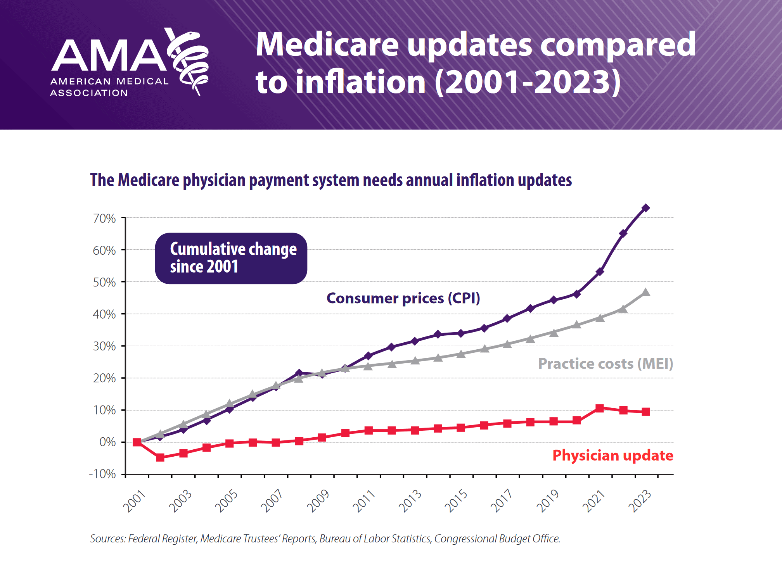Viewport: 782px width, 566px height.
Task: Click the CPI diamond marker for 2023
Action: pyautogui.click(x=646, y=208)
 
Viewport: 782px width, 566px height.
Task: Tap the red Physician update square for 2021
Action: pyautogui.click(x=600, y=408)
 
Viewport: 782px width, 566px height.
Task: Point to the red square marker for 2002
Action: pyautogui.click(x=160, y=457)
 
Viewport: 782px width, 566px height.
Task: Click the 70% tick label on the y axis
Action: pyautogui.click(x=104, y=219)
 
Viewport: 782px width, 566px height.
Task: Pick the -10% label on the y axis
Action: pyautogui.click(x=102, y=474)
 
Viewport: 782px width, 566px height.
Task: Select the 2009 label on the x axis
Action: pyautogui.click(x=318, y=501)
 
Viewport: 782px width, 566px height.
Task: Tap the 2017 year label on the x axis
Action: pyautogui.click(x=502, y=501)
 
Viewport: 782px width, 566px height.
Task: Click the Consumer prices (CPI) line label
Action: pyautogui.click(x=403, y=298)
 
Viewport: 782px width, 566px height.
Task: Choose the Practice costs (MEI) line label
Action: pyautogui.click(x=606, y=364)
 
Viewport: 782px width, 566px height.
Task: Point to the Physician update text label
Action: pyautogui.click(x=613, y=456)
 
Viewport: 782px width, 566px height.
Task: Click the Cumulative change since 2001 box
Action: pyautogui.click(x=231, y=258)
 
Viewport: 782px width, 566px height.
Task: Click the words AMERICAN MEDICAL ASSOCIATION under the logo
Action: pyautogui.click(x=109, y=87)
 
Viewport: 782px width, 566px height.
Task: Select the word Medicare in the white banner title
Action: pyautogui.click(x=327, y=45)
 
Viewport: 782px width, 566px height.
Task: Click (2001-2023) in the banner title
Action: pyautogui.click(x=528, y=83)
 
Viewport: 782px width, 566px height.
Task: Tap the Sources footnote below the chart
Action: pyautogui.click(x=325, y=539)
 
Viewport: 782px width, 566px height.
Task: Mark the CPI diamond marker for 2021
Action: pyautogui.click(x=600, y=272)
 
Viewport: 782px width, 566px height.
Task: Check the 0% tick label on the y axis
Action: pyautogui.click(x=107, y=442)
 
